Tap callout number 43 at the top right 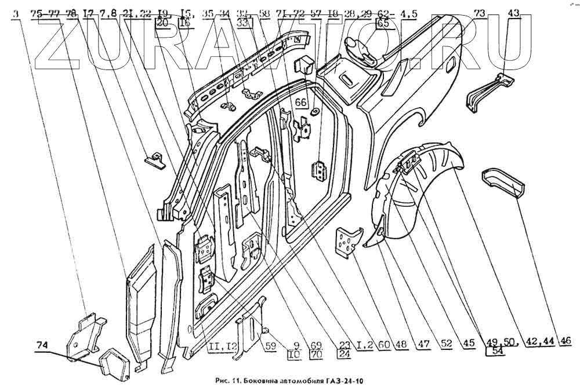514,13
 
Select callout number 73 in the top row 479,13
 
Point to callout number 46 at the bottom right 565,341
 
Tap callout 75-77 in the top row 45,14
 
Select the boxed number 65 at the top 383,24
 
